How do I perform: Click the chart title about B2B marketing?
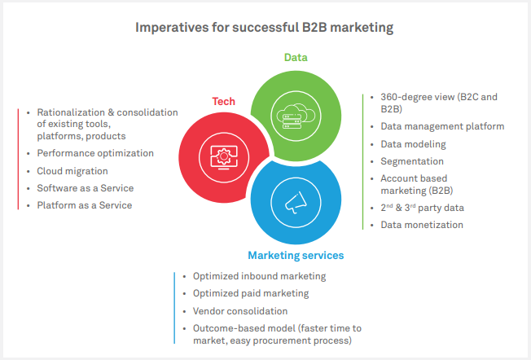[x=265, y=28]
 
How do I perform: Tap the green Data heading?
[x=296, y=57]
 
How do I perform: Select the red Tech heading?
[x=224, y=101]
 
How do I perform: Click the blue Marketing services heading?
[x=296, y=255]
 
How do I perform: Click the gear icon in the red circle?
[x=222, y=156]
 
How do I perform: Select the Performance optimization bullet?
[x=94, y=153]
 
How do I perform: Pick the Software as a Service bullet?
[x=85, y=188]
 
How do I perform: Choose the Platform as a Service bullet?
[x=84, y=205]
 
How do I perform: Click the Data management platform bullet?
[x=442, y=126]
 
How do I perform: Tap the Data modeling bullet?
[x=413, y=144]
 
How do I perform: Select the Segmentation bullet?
[x=412, y=161]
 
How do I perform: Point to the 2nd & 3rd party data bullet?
[x=422, y=208]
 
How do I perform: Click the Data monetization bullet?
[x=422, y=225]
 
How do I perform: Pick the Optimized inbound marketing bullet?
[x=259, y=276]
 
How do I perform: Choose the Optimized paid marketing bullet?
[x=251, y=293]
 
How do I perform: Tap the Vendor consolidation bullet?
[x=240, y=311]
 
